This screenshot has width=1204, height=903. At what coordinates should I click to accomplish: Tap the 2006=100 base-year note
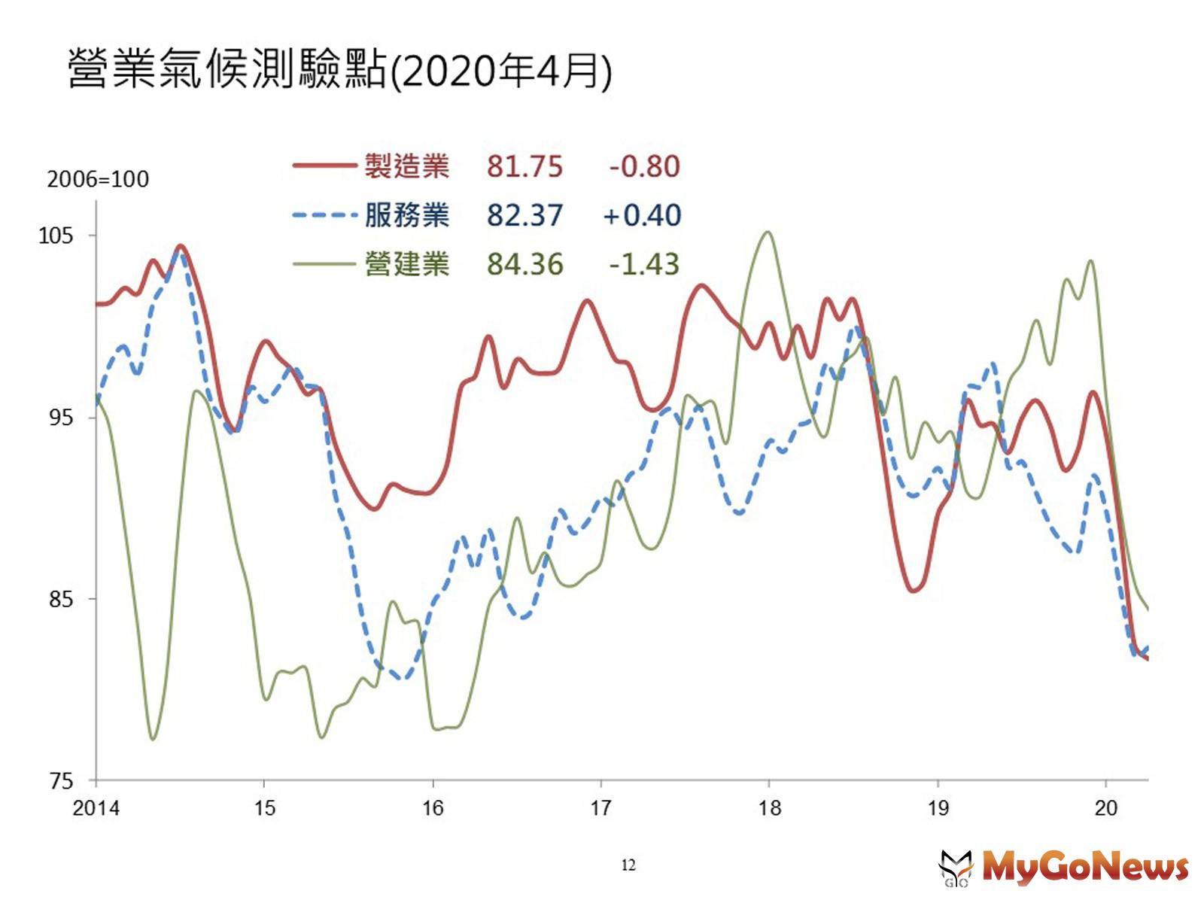pyautogui.click(x=98, y=179)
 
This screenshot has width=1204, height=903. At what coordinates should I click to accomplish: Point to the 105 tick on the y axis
pyautogui.click(x=56, y=236)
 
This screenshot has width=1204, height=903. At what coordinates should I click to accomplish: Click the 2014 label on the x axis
pyautogui.click(x=96, y=808)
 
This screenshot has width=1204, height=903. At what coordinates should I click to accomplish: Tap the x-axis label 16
pyautogui.click(x=433, y=808)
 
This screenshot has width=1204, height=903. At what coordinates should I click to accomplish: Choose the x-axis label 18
pyautogui.click(x=769, y=808)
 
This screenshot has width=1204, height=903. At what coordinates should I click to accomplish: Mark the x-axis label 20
pyautogui.click(x=1105, y=808)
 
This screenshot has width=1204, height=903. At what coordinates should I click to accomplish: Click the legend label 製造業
pyautogui.click(x=406, y=166)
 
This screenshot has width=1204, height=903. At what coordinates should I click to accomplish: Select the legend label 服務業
pyautogui.click(x=406, y=215)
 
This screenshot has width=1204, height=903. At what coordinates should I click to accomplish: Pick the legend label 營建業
pyautogui.click(x=406, y=264)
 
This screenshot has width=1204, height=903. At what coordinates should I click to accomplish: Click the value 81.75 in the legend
pyautogui.click(x=524, y=166)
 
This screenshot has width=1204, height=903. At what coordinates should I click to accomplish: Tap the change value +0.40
pyautogui.click(x=643, y=215)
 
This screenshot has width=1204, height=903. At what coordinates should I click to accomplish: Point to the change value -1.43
pyautogui.click(x=644, y=264)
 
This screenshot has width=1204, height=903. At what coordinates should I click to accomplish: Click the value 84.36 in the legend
pyautogui.click(x=524, y=264)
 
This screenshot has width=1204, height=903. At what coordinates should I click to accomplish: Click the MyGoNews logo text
pyautogui.click(x=1084, y=867)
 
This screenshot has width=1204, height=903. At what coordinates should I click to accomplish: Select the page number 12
pyautogui.click(x=628, y=865)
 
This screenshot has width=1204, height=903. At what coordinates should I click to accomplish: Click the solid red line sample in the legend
pyautogui.click(x=324, y=166)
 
